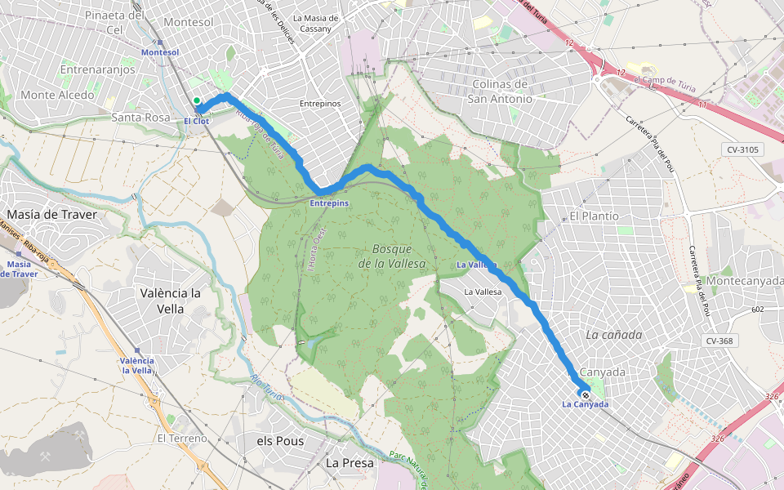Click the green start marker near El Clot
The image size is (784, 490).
pyautogui.click(x=197, y=100)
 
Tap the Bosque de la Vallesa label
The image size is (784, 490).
pyautogui.click(x=392, y=256)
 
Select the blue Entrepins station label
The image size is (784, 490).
pyautogui.click(x=329, y=203)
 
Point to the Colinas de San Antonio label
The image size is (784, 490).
pyautogui.click(x=500, y=91)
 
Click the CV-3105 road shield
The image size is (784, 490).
pyautogui.click(x=742, y=149)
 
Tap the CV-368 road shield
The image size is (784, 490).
pyautogui.click(x=719, y=341)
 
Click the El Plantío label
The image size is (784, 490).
pyautogui.click(x=595, y=216)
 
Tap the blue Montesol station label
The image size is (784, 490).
pyautogui.click(x=159, y=51)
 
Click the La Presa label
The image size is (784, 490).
pyautogui.click(x=350, y=462)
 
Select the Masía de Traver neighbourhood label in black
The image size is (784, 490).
pyautogui.click(x=51, y=214)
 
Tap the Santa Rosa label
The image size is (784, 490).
pyautogui.click(x=140, y=118)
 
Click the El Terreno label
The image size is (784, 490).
pyautogui.click(x=183, y=439)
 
